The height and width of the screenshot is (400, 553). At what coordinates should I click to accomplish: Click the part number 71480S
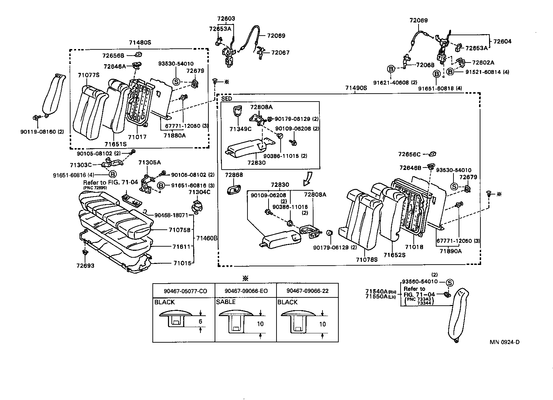pos(140,43)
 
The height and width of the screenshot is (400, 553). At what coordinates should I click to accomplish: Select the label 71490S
pos(356,88)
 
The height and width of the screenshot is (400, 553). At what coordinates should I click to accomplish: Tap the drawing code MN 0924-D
pos(504,342)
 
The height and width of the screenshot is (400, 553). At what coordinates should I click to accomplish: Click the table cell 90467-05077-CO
pos(184,291)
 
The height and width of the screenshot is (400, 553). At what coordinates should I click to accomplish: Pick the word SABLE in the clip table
pos(226,302)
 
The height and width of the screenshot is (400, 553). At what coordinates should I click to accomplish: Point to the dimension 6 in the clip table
pos(200,322)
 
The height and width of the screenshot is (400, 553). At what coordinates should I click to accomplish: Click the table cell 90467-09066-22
pos(307,291)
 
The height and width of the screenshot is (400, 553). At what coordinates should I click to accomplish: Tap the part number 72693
pos(85,266)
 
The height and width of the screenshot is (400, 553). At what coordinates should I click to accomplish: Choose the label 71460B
pos(207,238)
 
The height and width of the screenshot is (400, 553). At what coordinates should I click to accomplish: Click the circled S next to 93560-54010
pos(450,283)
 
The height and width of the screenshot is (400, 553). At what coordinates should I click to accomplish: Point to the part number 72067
pos(280,53)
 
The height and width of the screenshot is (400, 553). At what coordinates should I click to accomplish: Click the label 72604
pos(502,41)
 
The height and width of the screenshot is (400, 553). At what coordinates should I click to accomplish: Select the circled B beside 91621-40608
pos(391,69)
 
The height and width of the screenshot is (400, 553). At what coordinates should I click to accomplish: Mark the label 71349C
pos(240,129)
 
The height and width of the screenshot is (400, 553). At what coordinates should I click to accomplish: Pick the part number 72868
pos(234,175)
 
